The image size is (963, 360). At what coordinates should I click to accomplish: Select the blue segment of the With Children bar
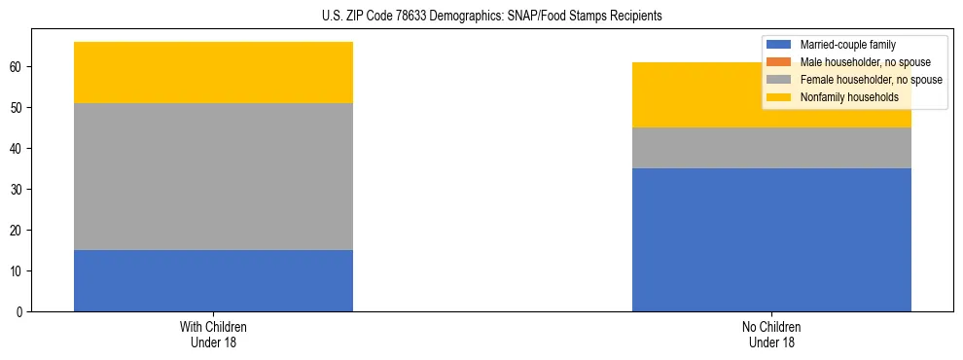[213, 280]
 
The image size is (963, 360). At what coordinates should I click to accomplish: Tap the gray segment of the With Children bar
[213, 176]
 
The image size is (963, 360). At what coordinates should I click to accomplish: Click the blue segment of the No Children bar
[771, 239]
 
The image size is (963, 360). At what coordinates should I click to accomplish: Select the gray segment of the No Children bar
[771, 148]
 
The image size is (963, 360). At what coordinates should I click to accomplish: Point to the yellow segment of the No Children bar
[681, 95]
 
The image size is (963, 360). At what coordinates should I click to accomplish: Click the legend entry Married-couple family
[847, 45]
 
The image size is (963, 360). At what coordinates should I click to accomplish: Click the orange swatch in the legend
[779, 62]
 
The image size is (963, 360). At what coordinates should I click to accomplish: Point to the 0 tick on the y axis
[19, 311]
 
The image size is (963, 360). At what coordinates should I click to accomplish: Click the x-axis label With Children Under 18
[213, 335]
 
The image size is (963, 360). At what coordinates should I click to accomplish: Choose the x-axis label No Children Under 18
[771, 335]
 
